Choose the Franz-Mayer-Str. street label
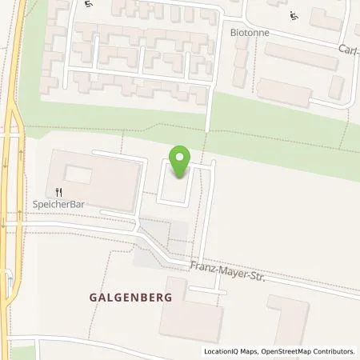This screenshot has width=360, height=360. point(227,274)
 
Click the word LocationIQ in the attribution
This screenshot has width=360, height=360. point(223,351)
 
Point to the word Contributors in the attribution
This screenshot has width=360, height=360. point(335,351)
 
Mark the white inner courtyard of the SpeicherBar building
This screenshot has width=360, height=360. point(77,173)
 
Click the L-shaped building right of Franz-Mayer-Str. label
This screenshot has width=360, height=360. point(288,320)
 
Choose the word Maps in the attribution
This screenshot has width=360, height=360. point(253,351)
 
